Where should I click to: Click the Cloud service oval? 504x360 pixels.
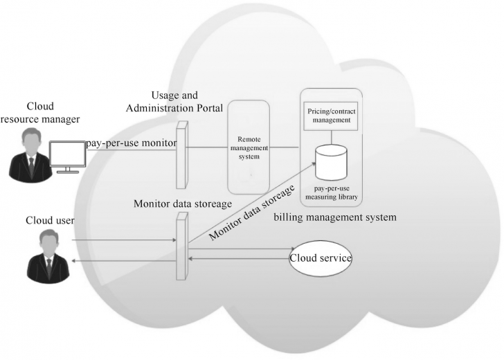click(x=321, y=258)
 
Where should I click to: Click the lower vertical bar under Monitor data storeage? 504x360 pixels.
click(x=181, y=246)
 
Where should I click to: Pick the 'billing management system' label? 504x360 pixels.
click(x=335, y=217)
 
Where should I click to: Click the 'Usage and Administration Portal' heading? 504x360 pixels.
click(x=184, y=100)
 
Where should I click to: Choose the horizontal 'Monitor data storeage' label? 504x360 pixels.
click(x=182, y=204)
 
